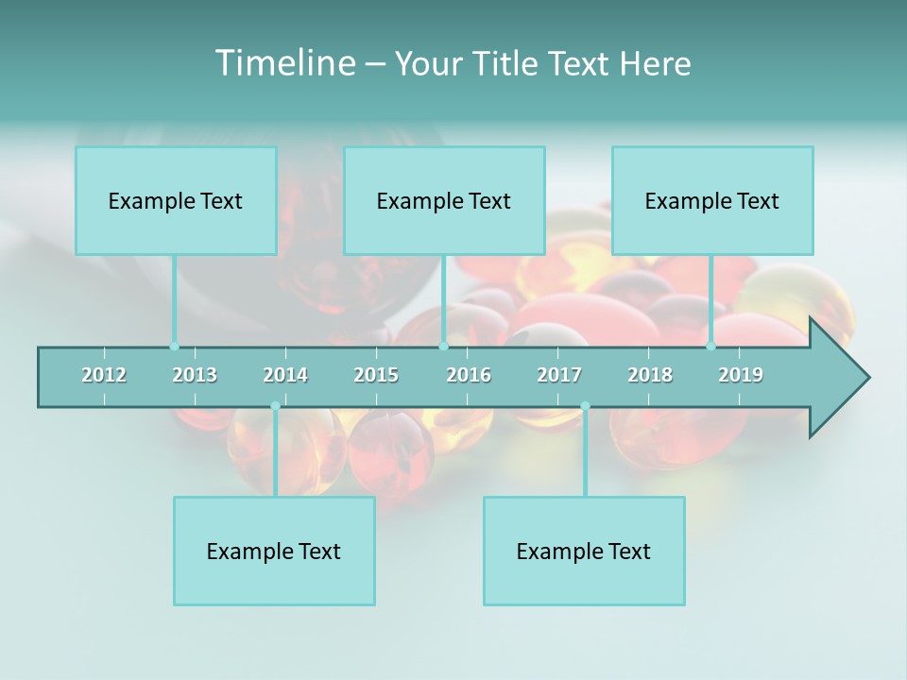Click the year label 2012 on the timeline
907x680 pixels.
104,375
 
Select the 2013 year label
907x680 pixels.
195,375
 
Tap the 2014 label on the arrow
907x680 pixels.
285,375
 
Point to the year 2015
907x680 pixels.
376,375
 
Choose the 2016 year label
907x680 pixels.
469,375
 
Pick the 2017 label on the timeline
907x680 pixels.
559,375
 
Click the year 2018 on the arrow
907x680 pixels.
650,375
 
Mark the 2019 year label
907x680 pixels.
741,375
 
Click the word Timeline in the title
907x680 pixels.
283,63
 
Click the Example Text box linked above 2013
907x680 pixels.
176,200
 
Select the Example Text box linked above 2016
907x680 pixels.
444,200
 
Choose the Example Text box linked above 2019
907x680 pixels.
712,200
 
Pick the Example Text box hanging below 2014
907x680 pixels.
274,551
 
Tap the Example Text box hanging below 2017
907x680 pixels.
584,551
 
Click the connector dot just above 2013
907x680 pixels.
174,346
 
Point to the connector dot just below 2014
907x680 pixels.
275,406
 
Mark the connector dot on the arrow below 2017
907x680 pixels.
585,406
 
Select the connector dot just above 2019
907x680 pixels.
711,346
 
